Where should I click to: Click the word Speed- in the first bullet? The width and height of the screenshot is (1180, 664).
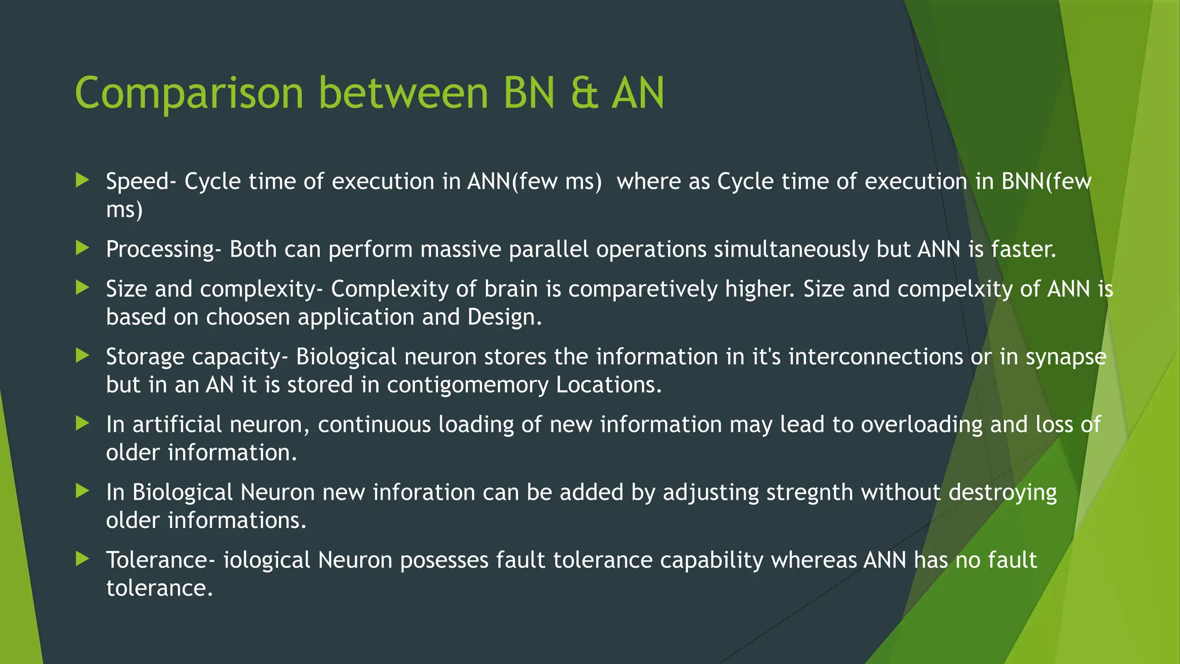pos(141,182)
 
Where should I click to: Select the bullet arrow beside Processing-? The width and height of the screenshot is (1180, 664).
pos(82,248)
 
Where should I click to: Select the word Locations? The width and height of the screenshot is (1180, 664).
pos(609,385)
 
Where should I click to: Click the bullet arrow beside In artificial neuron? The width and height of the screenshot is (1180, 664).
pos(82,424)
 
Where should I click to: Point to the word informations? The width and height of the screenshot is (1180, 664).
pos(237,521)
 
